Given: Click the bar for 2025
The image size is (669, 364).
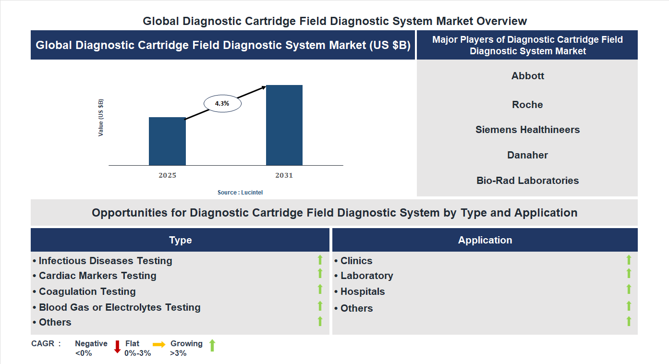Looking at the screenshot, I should coord(167,141).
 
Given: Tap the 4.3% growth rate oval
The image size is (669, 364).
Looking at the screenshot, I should coord(222,103).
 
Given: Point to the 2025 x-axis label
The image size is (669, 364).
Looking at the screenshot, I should coord(167,175).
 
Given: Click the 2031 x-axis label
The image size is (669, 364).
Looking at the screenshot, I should coord(284,175).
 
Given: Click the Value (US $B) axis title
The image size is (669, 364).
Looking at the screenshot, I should coord(101,118).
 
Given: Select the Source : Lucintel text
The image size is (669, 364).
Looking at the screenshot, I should coord(240,193).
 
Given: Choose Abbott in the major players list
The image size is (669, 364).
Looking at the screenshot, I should coord(527,76).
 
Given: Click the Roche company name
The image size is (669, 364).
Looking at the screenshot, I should coord(527,105).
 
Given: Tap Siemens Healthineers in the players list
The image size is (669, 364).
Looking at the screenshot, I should coord(527,130).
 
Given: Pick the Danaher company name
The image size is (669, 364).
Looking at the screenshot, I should coord(527,155).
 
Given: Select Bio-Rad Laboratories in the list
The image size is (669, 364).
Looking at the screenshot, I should coord(527,181).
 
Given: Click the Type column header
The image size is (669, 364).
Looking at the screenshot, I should coord(180,240).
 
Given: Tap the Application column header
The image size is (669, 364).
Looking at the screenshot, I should coord(485,240).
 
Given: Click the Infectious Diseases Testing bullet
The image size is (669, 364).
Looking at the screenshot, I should coord(103,261).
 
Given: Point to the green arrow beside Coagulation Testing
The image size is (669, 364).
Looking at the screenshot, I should coord(320,289).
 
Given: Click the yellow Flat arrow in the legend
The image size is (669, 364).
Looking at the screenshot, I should coord(159,344).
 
